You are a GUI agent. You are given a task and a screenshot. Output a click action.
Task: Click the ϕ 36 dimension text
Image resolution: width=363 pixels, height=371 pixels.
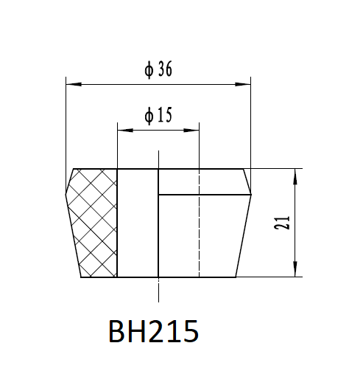(x=158, y=69)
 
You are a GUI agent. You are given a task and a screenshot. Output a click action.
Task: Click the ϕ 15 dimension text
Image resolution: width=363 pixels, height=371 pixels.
(x=158, y=115)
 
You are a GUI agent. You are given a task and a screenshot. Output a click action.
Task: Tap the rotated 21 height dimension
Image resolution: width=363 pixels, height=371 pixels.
(x=282, y=223)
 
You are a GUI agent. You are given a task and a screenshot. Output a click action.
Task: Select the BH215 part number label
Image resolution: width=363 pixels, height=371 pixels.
(x=153, y=331)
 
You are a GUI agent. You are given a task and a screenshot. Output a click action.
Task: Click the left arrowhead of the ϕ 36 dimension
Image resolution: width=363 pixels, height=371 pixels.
(x=74, y=84)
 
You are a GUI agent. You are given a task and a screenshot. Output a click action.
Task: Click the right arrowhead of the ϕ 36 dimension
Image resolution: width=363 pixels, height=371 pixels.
(x=243, y=84)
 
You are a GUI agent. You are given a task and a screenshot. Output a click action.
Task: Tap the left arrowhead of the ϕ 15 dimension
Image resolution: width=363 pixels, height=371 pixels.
(x=125, y=130)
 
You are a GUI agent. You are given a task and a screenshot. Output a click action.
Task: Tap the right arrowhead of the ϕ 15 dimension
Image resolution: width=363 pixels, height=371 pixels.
(x=191, y=130)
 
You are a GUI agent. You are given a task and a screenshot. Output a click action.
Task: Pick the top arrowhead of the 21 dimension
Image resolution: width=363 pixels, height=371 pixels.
(x=295, y=176)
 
